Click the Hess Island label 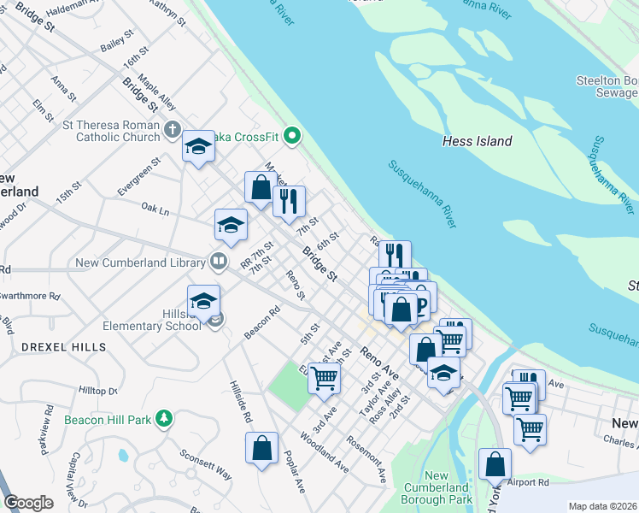click(x=478, y=141)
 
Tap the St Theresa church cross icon click(x=173, y=131)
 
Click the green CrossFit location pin click(x=293, y=135)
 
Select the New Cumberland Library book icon click(x=220, y=262)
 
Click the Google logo click(x=29, y=503)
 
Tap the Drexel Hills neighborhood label click(x=64, y=347)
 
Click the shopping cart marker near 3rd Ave click(x=324, y=376)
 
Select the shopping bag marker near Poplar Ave click(x=261, y=447)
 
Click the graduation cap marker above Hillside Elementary click(x=203, y=300)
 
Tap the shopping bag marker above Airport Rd click(x=495, y=464)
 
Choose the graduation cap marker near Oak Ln click(x=231, y=224)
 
